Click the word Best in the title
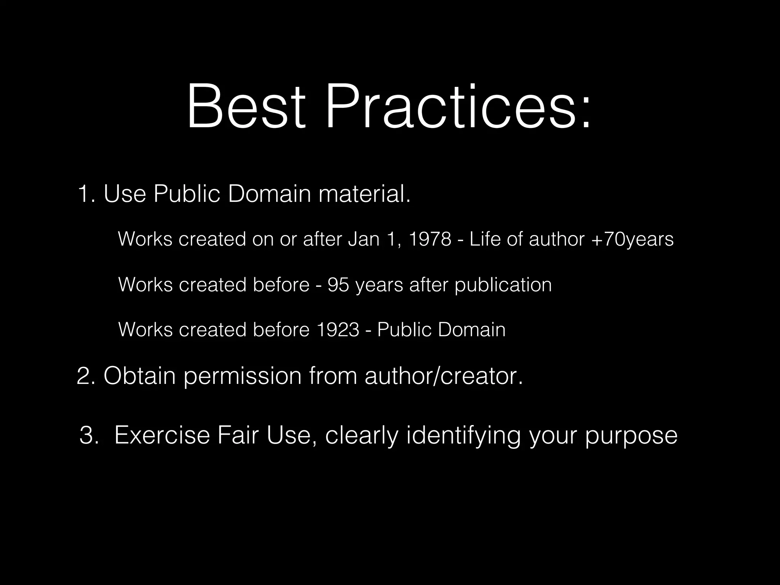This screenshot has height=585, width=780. click(246, 107)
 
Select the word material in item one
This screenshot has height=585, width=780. click(364, 193)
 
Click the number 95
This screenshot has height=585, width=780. click(338, 285)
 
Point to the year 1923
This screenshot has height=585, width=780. click(337, 330)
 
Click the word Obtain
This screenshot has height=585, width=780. click(139, 376)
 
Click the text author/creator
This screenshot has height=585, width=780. click(444, 376)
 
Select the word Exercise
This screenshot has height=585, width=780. click(162, 435)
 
